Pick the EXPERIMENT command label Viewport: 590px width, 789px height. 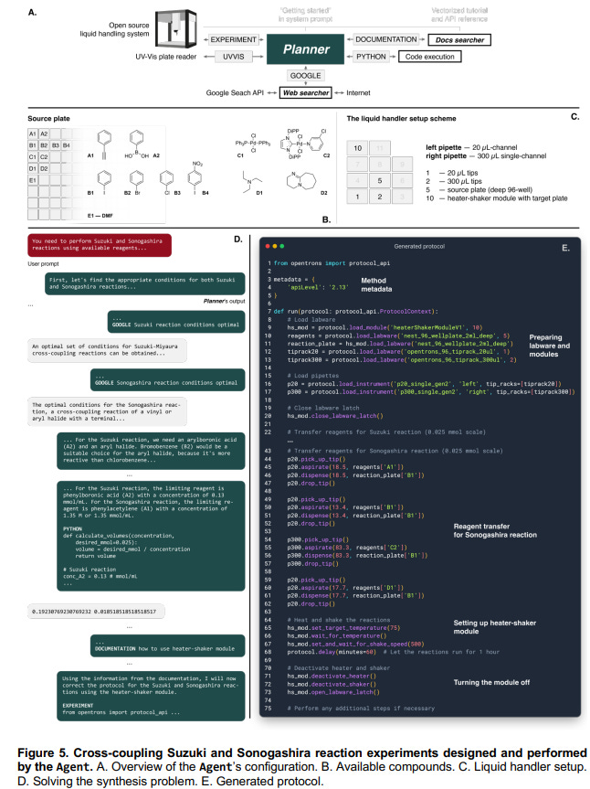click(x=232, y=40)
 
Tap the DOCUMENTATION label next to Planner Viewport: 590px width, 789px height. click(x=387, y=40)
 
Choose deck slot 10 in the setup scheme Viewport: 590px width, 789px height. click(x=360, y=147)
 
